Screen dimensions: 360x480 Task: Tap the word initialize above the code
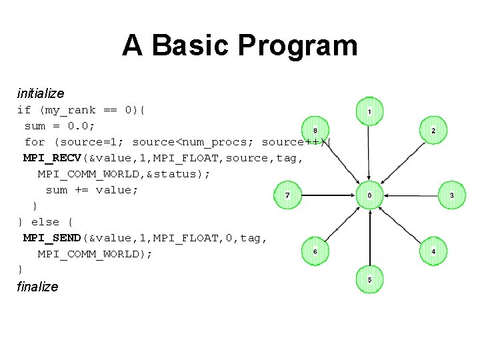41,94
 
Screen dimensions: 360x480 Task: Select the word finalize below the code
37,287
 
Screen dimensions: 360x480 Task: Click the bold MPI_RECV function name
51,158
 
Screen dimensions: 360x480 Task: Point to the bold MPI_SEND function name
51,238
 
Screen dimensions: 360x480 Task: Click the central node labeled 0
370,195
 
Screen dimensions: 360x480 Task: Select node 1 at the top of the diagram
370,111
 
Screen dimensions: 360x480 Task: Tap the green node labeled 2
433,130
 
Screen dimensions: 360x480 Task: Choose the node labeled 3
452,195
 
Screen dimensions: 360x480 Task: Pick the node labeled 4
433,251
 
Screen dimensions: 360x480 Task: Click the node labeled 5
370,279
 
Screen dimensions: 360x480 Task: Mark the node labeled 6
315,251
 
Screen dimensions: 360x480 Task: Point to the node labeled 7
287,195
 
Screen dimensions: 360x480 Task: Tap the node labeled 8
315,130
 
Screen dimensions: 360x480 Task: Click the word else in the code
45,222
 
